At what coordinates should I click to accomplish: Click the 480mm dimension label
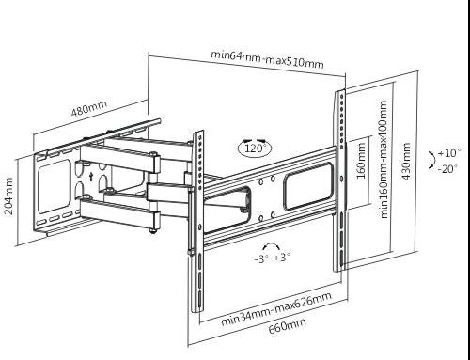[89, 107]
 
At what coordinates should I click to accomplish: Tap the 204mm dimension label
[8, 196]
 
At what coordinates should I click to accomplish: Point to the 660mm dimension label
[287, 326]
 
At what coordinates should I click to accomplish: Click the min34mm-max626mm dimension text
[276, 309]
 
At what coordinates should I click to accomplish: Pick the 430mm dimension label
[406, 162]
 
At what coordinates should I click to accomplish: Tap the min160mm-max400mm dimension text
[384, 159]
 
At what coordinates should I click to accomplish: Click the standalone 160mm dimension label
[361, 161]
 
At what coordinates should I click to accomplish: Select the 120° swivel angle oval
[255, 148]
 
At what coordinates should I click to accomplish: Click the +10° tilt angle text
[449, 153]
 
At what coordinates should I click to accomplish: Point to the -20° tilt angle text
[447, 169]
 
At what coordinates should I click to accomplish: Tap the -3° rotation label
[261, 258]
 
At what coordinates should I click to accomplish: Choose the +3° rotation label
[282, 258]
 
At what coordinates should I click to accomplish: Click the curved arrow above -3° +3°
[272, 244]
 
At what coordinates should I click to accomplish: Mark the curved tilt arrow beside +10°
[432, 160]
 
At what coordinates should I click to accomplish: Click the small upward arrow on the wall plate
[91, 177]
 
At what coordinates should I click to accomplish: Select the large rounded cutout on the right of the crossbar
[308, 186]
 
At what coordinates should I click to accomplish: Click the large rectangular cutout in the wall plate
[54, 187]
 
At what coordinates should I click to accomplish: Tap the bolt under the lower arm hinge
[152, 231]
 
